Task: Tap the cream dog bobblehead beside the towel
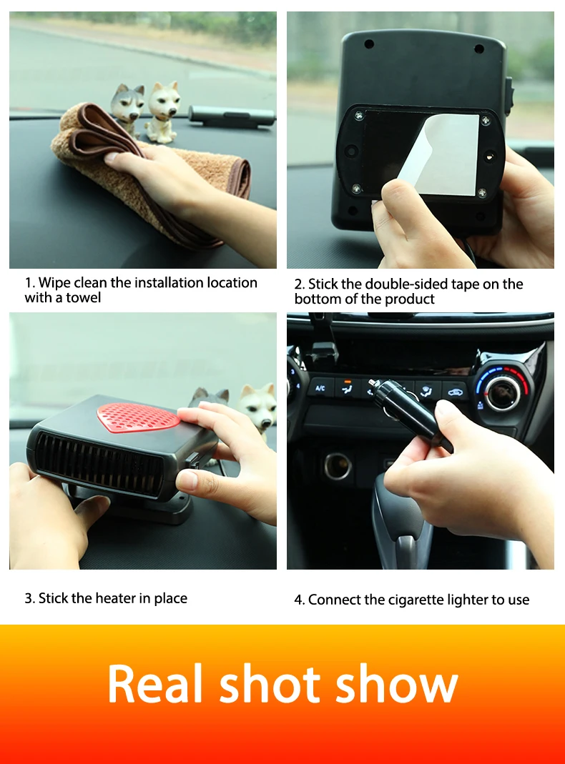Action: tap(162, 112)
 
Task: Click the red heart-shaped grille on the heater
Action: tap(138, 417)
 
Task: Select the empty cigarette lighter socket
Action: tap(338, 465)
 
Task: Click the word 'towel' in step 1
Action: tap(84, 297)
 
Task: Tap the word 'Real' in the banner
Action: tap(154, 684)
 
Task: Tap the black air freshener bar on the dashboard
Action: tap(231, 117)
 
